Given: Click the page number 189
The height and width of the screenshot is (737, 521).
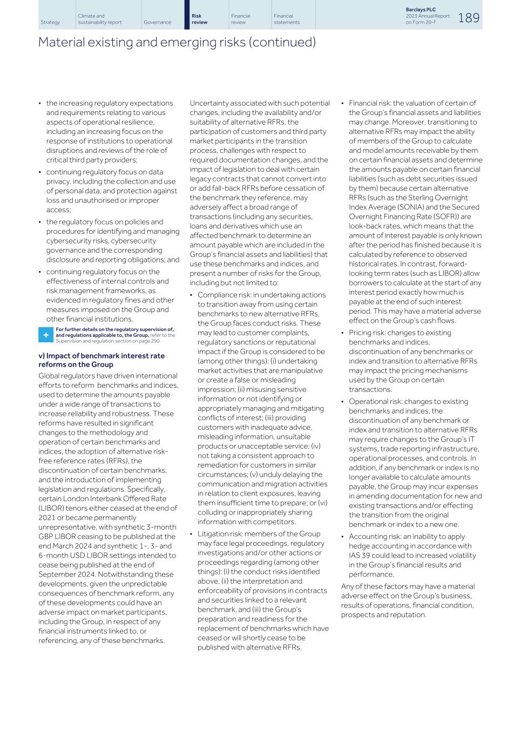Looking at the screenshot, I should pos(468,18).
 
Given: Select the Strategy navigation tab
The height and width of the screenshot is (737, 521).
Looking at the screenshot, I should pos(50,23).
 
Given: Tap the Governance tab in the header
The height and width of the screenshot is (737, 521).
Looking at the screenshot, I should pos(157,23).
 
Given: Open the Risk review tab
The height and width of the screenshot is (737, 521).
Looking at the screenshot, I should pos(199,19).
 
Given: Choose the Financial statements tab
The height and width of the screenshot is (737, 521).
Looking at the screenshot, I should pos(286,19).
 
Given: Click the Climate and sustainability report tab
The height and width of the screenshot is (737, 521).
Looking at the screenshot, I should pos(99,19).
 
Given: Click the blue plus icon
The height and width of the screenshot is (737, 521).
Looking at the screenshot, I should pos(45,335).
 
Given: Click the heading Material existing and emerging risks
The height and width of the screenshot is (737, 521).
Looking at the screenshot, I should pos(177,42).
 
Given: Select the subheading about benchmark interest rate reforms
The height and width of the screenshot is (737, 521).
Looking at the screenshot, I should pos(101,360).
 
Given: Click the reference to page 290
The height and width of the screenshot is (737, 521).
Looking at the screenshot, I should pos(150,341).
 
